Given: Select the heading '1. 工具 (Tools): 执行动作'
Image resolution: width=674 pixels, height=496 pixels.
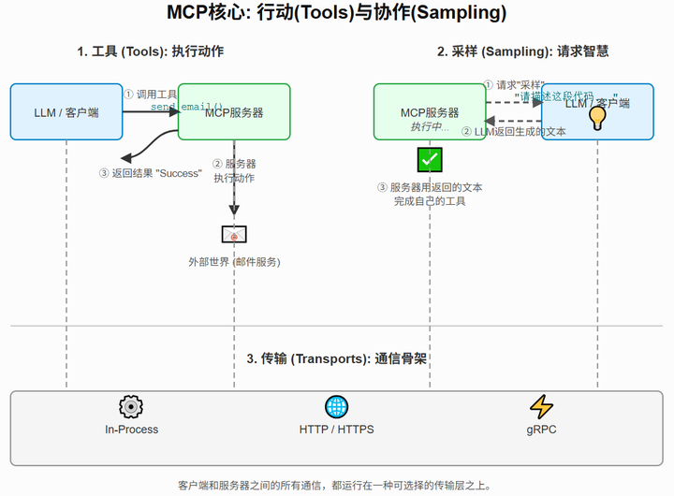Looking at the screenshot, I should (150, 51).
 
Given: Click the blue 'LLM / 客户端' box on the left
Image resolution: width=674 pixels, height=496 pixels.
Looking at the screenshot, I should (66, 112).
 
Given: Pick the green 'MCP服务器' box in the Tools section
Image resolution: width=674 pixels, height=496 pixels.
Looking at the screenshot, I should (234, 112).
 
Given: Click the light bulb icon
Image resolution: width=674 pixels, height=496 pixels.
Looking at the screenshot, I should (597, 117).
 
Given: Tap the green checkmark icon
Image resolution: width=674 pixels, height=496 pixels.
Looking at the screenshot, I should (430, 159).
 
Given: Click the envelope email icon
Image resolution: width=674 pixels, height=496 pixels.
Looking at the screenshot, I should (234, 235).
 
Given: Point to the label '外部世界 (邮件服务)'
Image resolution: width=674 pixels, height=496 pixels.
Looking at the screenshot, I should (234, 262).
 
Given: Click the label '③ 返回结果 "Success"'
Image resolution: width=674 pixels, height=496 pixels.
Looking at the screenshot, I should (150, 173).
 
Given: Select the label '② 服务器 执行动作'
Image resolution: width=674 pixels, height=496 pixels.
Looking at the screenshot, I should (234, 170).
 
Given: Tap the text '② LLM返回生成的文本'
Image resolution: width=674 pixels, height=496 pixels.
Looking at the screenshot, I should (514, 132).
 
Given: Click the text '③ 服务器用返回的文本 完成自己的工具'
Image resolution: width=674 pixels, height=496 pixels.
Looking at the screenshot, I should (430, 194).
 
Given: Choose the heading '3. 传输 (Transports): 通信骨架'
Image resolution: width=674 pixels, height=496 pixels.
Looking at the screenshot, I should (337, 358).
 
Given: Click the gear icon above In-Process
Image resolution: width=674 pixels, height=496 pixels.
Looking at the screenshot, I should (131, 406).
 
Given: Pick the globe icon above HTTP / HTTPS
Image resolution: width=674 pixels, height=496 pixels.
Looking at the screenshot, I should (336, 406).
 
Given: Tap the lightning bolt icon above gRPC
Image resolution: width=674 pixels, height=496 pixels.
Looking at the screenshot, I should (541, 406).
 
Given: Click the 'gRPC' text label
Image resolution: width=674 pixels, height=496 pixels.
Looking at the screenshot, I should (541, 430).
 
